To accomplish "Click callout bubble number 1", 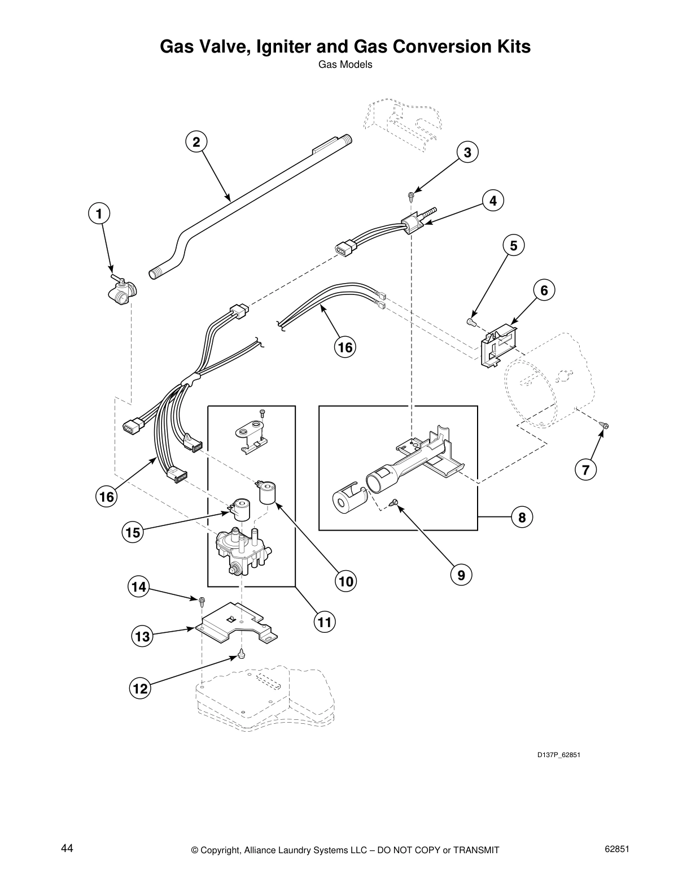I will coord(99,214).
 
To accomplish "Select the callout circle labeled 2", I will coord(196,142).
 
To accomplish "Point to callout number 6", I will coord(544,290).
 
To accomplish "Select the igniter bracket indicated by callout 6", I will coord(497,345).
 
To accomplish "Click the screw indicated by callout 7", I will coord(605,425).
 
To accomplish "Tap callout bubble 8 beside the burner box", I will coord(522,517).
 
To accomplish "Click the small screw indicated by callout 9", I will coord(395,501).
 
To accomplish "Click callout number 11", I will coord(323,623).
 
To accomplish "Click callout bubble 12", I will coord(140,689).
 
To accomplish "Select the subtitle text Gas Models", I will coord(345,64).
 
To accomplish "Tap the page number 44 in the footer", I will coord(67,849).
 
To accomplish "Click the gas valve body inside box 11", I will coord(240,551).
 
